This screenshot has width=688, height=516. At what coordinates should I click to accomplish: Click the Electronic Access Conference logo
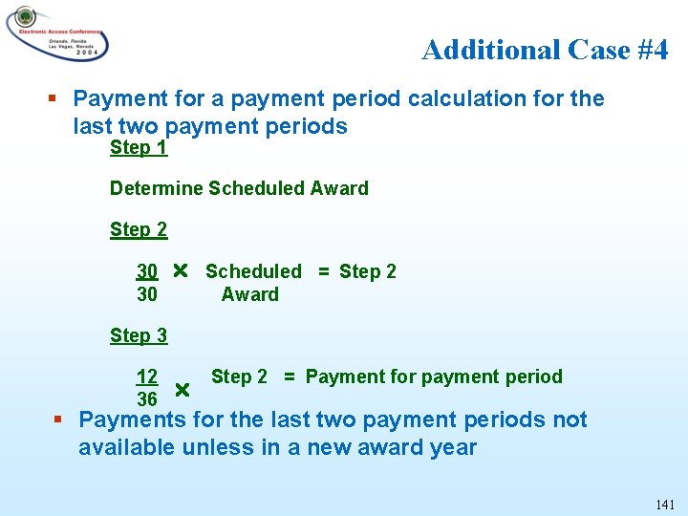[57, 33]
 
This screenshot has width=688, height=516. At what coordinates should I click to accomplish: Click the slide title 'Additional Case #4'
[545, 49]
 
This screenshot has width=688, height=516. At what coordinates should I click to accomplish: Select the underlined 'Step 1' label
[139, 147]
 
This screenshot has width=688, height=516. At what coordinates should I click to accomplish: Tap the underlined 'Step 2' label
[139, 229]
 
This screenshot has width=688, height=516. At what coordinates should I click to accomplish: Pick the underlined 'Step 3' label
[139, 335]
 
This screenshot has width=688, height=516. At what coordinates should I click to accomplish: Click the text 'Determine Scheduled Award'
[239, 188]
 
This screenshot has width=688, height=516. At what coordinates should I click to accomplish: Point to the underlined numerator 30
[147, 271]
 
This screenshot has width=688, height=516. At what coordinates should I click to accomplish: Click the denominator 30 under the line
[147, 294]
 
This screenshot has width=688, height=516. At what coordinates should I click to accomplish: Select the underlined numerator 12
[147, 376]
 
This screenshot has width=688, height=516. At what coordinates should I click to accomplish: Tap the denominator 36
[147, 399]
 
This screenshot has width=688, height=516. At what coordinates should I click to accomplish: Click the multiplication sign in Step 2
[180, 270]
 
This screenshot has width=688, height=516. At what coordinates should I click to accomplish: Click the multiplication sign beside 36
[183, 390]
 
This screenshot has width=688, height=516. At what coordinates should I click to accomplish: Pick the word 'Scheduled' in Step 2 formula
[253, 271]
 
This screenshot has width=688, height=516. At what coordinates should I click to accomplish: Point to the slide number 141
[665, 504]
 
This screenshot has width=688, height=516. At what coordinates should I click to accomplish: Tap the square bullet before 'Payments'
[59, 419]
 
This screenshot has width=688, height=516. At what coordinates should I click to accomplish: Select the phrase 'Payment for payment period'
[434, 376]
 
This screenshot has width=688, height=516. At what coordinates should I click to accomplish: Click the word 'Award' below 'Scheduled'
[250, 294]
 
